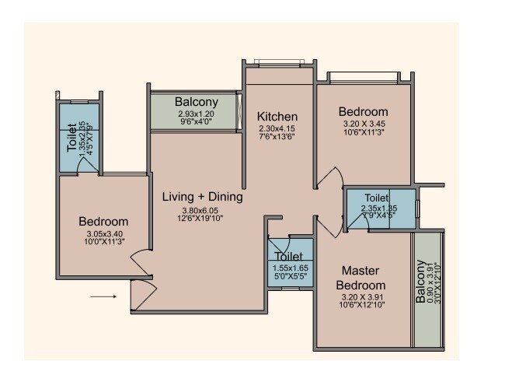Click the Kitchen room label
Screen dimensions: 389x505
pos(278,117)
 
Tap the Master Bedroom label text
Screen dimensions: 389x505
pos(362,278)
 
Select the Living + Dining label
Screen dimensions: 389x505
pos(202,198)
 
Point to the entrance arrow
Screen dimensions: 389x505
pos(103,296)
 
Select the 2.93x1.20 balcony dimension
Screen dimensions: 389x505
pos(196,114)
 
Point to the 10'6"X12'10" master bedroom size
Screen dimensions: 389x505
pos(363,304)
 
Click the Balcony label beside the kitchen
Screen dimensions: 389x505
pos(196,102)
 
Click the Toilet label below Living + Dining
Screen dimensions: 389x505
pos(289,255)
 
